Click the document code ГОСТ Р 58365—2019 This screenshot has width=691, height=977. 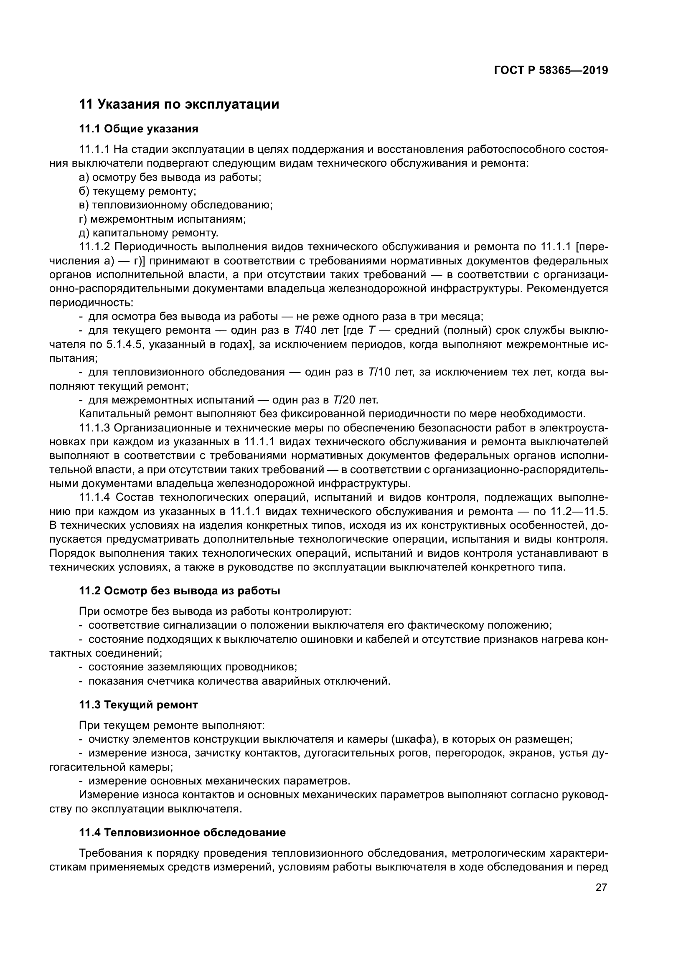(x=551, y=70)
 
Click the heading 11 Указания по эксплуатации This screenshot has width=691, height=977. (x=179, y=104)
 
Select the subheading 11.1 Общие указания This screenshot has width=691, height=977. (x=139, y=129)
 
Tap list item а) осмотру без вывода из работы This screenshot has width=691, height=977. (x=170, y=177)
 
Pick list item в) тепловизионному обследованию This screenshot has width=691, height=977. (x=176, y=205)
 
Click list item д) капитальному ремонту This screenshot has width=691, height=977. (x=148, y=233)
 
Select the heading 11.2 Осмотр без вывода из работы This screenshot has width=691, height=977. (x=180, y=591)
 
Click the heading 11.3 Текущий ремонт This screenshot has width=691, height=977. (x=139, y=705)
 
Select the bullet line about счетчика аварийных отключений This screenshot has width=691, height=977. (x=239, y=681)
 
